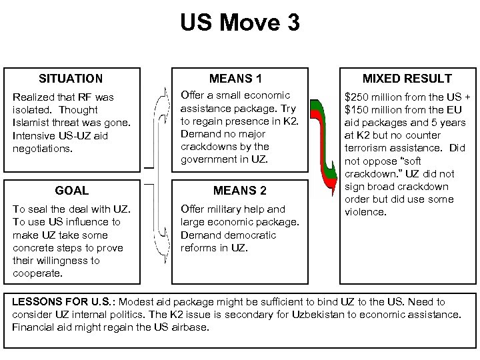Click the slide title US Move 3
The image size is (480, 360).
(240, 24)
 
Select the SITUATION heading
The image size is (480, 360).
(71, 79)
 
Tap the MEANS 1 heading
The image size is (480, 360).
(239, 79)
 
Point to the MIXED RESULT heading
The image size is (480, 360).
(407, 79)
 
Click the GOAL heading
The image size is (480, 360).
(72, 191)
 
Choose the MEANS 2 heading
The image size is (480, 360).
(239, 191)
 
